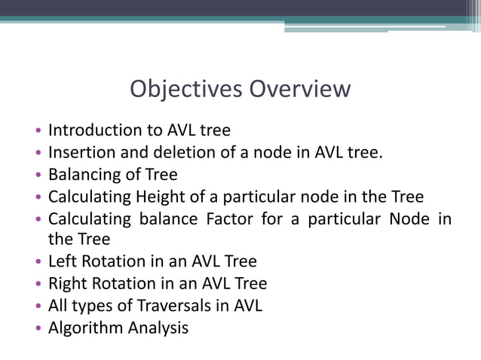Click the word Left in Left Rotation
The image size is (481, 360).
coord(62,262)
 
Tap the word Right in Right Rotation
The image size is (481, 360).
coord(67,284)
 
